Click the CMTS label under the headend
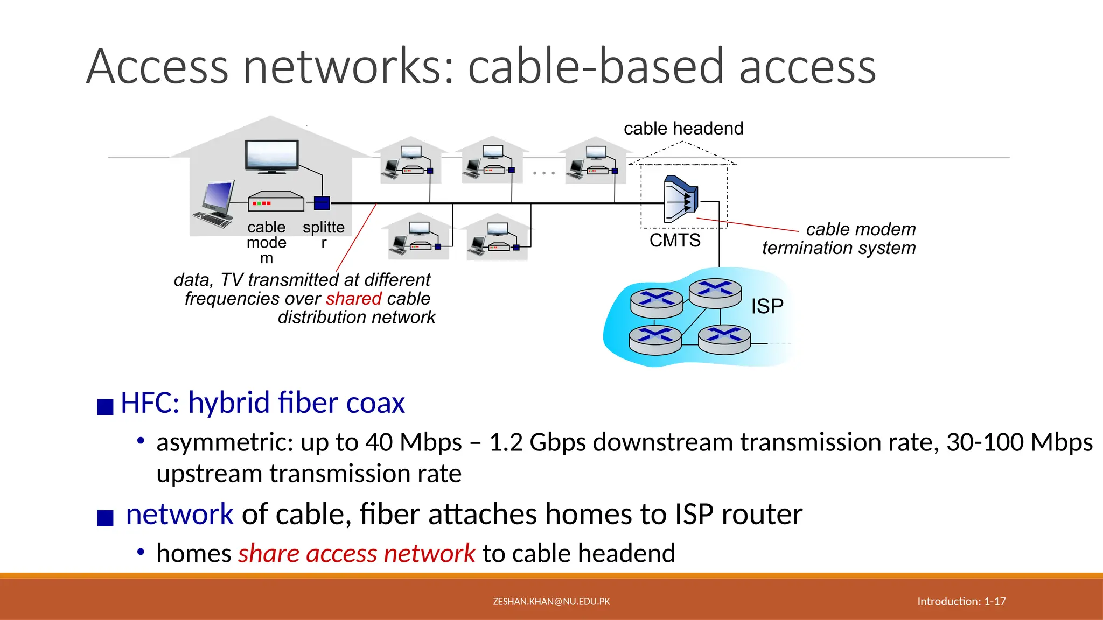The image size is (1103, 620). (x=675, y=240)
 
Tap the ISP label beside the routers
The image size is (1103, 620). (x=767, y=306)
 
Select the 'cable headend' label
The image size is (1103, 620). (x=683, y=129)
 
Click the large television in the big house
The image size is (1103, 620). (x=272, y=156)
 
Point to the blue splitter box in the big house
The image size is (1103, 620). (x=322, y=203)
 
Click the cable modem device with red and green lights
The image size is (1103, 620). (x=275, y=202)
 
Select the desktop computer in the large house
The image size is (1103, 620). (x=215, y=205)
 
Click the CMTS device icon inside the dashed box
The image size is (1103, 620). (x=681, y=199)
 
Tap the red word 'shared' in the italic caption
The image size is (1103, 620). (x=354, y=299)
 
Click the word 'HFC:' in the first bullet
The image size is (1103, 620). (x=150, y=403)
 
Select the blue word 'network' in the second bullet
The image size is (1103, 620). (x=179, y=514)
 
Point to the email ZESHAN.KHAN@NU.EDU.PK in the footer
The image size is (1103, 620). (x=551, y=602)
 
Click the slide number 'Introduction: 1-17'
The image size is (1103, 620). (x=961, y=602)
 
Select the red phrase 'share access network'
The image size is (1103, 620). (x=357, y=554)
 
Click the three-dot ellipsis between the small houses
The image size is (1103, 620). (x=543, y=173)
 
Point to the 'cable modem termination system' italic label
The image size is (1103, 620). (x=839, y=238)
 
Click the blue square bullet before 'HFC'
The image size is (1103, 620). (x=105, y=406)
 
